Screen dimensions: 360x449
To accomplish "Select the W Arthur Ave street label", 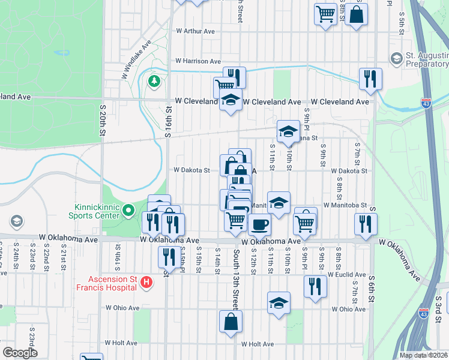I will (x=195, y=31).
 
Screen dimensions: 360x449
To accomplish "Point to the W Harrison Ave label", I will (x=198, y=61).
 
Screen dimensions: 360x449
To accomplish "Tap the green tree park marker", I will (x=154, y=80).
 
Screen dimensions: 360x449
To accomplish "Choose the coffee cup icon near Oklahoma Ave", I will (x=259, y=225).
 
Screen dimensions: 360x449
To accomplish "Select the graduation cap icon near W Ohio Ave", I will (x=279, y=304).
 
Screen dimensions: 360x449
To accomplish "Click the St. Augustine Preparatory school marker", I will (x=396, y=58).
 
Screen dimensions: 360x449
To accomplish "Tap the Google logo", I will (x=20, y=353).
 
